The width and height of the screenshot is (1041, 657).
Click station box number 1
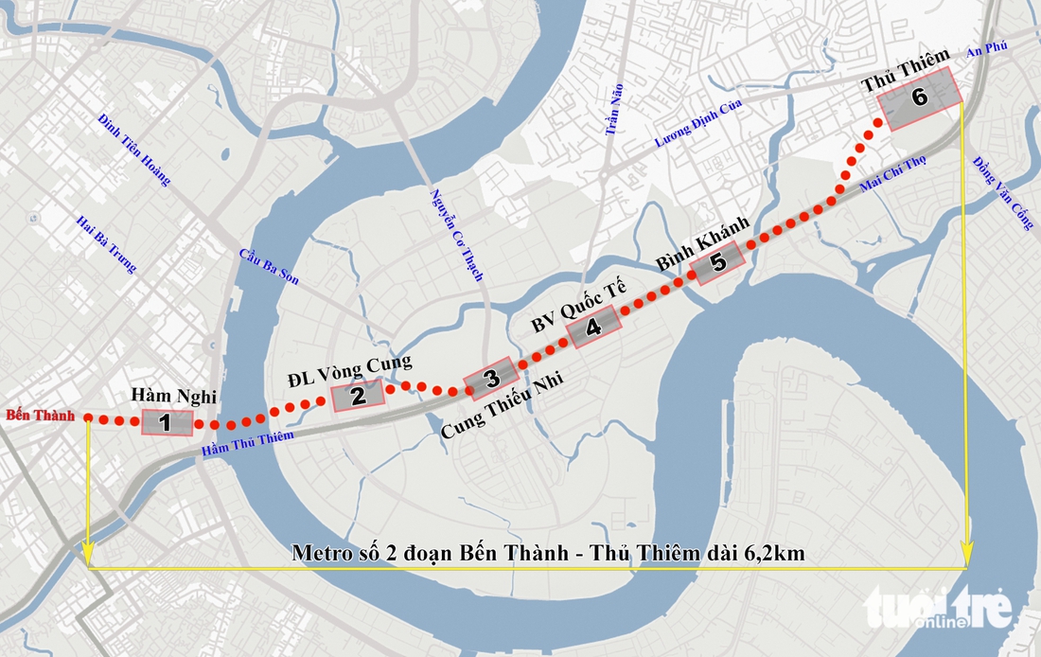coord(167,422)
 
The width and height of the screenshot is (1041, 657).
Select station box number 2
coord(357,395)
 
